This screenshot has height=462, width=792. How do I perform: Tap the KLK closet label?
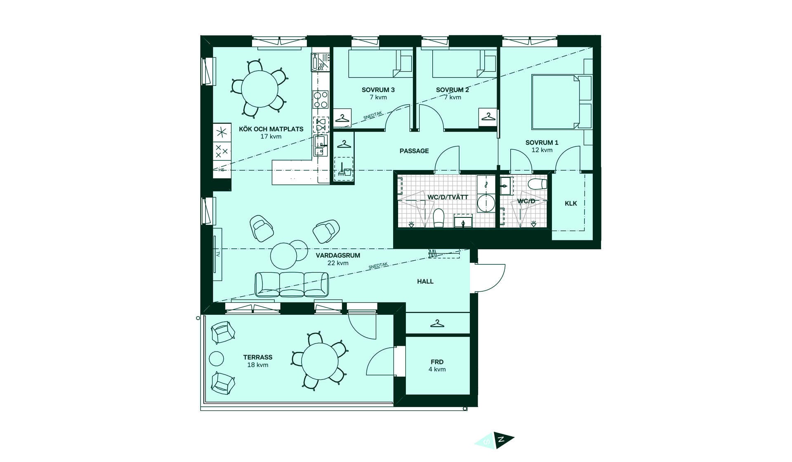point(571,203)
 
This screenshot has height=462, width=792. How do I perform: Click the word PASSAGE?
point(414,151)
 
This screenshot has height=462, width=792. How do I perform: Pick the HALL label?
point(425,281)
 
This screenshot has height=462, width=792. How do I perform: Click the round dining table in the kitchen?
point(260,89)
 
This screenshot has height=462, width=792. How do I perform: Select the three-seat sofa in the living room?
point(292,284)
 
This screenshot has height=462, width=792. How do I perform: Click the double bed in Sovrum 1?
point(556,102)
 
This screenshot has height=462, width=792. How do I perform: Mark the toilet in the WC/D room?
point(537,184)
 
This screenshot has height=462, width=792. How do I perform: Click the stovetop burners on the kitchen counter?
point(321,99)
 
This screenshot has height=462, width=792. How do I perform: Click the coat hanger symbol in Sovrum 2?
point(488,117)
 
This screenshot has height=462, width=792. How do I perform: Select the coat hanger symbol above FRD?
point(437,324)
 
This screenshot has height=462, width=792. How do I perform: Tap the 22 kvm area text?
point(338,263)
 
